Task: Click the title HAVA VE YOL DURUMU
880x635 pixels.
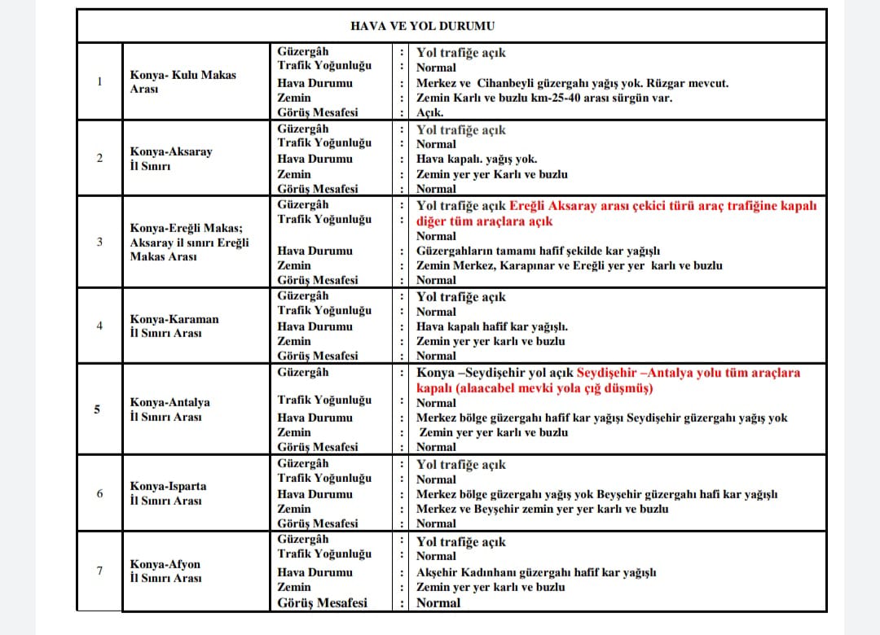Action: pos(422,26)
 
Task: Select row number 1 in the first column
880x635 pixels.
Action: pos(99,81)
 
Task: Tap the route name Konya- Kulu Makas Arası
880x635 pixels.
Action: pos(183,81)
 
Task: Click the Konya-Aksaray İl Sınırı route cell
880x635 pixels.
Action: pos(171,159)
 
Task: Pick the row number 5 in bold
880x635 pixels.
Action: pos(98,409)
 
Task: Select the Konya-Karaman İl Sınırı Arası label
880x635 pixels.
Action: pos(174,326)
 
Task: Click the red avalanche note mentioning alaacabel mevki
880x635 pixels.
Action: pos(535,388)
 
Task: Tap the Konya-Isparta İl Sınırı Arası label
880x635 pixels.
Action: pos(168,493)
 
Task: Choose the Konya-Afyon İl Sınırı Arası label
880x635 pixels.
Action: pos(165,571)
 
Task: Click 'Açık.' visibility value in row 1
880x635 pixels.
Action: pos(430,113)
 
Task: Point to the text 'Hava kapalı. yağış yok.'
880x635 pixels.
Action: pos(477,160)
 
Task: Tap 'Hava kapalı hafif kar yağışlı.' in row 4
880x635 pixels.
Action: pos(492,326)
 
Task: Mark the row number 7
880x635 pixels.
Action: pos(99,571)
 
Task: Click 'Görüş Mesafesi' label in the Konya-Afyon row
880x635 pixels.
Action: pos(322,602)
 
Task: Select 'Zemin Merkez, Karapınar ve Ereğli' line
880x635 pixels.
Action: pos(569,265)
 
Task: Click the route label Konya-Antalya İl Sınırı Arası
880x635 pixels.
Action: pos(169,409)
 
